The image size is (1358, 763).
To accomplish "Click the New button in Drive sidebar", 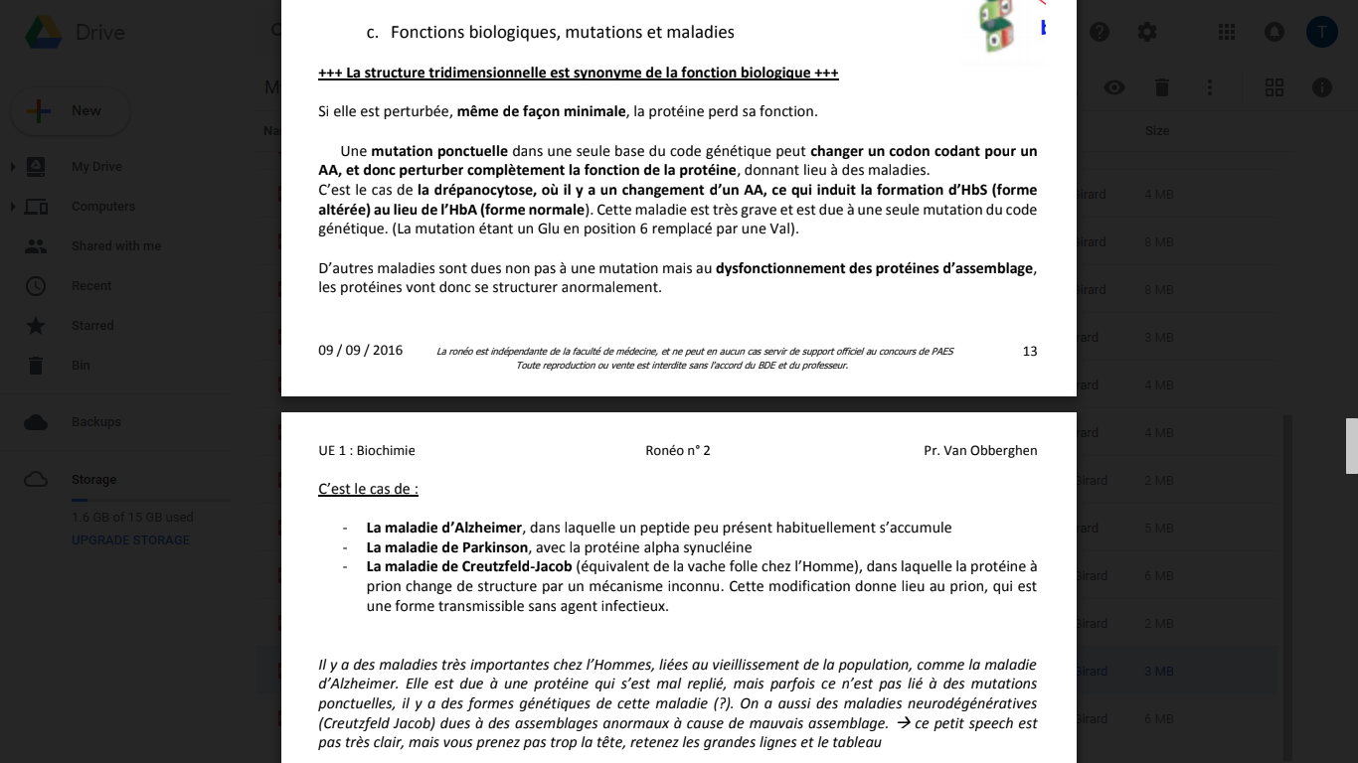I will tap(70, 111).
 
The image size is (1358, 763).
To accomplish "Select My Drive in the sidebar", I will tap(96, 167).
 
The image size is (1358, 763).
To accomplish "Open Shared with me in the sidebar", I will tap(115, 246).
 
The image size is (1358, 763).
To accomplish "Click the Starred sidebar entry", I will tap(92, 326).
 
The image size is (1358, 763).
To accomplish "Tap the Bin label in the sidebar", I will tap(81, 366).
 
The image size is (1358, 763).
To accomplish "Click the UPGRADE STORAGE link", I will tap(130, 540).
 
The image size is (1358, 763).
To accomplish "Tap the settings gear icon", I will tap(1147, 32).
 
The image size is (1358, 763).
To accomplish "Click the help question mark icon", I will tap(1100, 32).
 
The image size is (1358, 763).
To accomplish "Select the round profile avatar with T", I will tap(1321, 32).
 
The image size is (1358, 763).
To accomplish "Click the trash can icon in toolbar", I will tap(1162, 87).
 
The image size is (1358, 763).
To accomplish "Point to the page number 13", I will tap(1029, 351).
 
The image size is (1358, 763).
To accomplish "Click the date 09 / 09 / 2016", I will tap(360, 350).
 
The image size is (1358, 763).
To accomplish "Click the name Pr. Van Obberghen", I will tap(980, 450).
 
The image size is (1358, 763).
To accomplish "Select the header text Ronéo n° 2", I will tap(678, 450).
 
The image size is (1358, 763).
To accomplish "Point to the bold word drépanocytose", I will tap(481, 190).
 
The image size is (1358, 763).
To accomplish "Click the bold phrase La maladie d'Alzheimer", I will tap(443, 528).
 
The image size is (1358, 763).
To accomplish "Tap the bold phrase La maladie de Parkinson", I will tap(447, 547).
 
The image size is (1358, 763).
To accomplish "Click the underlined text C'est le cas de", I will tap(368, 489).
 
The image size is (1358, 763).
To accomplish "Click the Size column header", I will tap(1157, 131).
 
